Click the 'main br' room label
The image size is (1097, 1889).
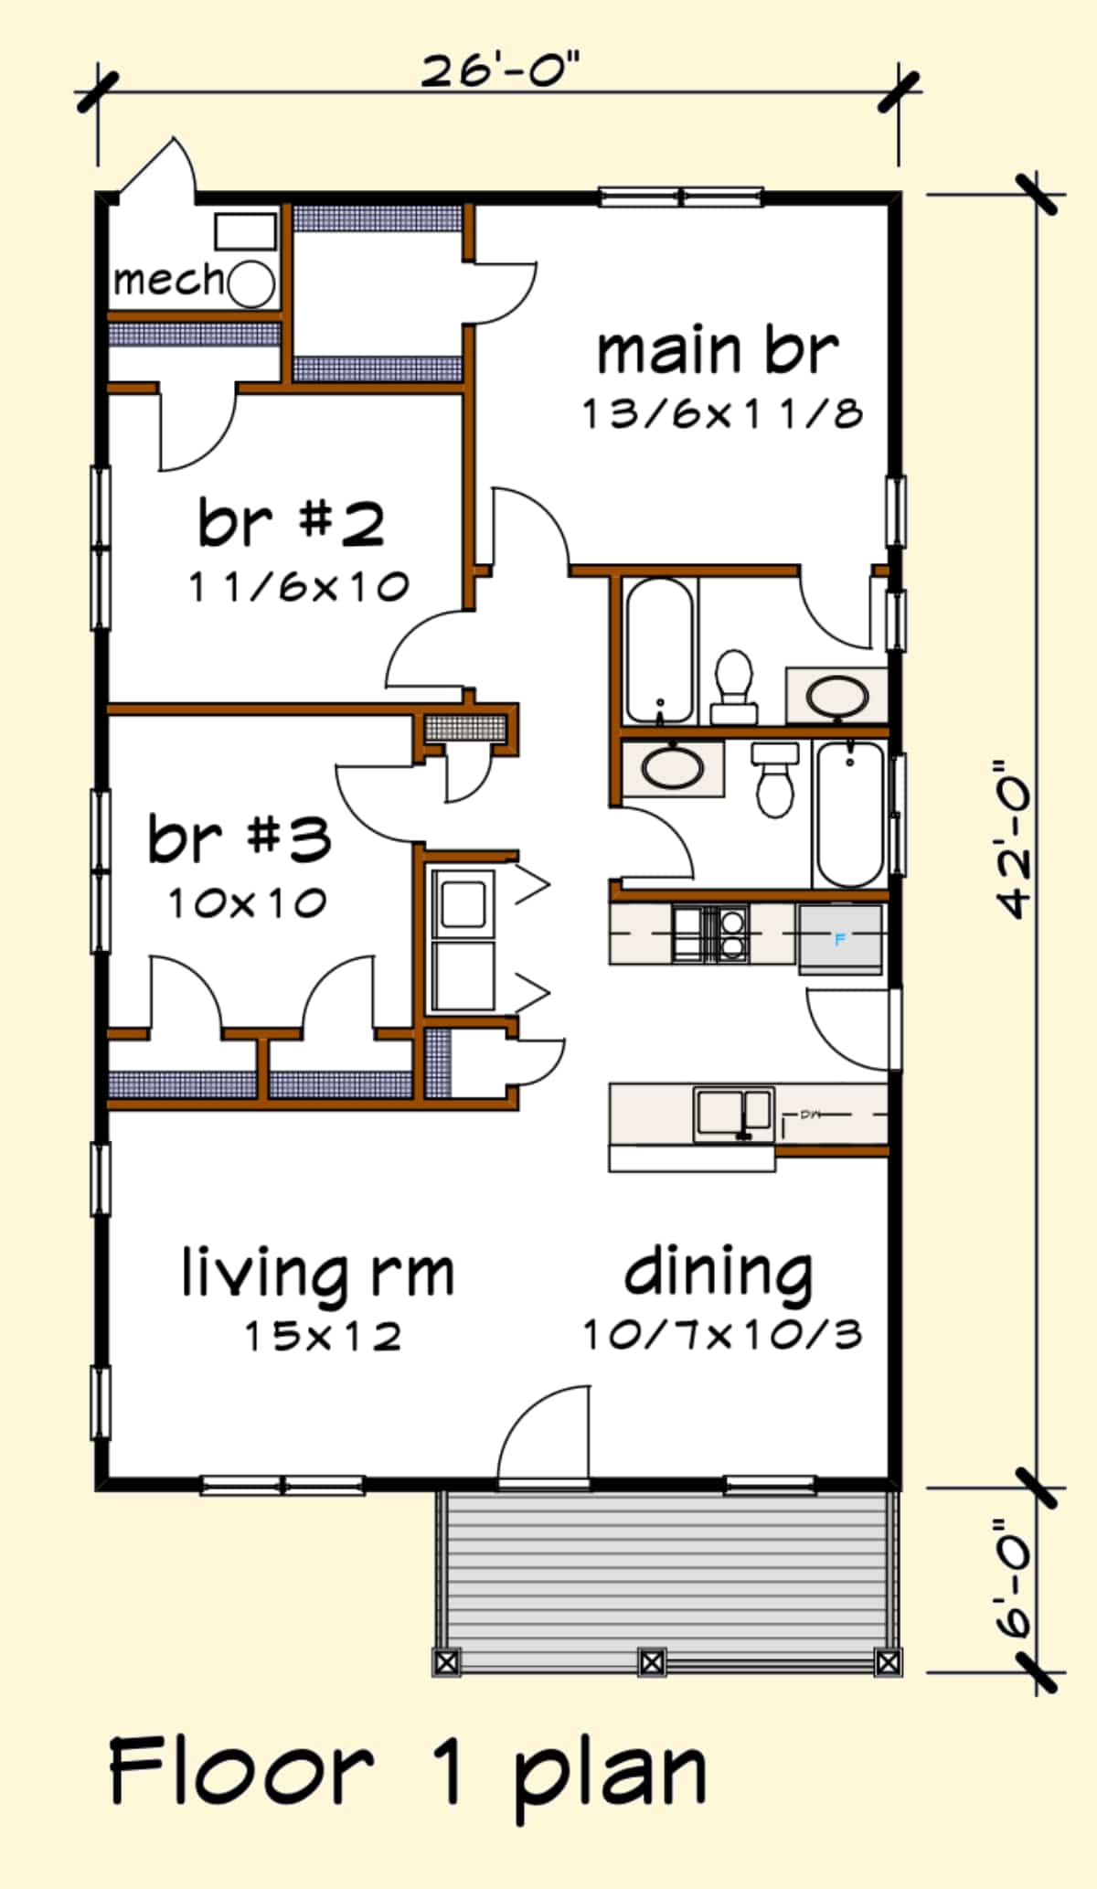(717, 351)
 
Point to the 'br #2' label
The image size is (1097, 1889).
(291, 523)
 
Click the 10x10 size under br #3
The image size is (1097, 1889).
(247, 903)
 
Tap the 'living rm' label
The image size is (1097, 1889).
(316, 1273)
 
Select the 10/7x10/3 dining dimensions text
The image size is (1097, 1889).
(722, 1335)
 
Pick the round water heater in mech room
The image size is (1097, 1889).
(250, 283)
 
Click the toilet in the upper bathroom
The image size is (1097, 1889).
(733, 686)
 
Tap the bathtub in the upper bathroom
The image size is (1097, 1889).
(658, 649)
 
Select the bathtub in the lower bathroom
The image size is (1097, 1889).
(849, 814)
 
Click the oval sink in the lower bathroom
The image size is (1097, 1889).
(673, 768)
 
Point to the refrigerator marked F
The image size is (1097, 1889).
(840, 939)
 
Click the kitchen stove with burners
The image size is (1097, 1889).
(709, 933)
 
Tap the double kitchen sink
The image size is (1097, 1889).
(733, 1113)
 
